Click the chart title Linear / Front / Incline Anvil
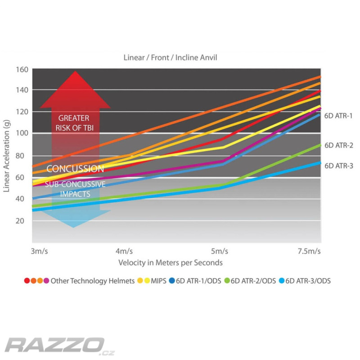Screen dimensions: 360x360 click(x=171, y=58)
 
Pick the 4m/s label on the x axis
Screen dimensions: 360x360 click(x=125, y=251)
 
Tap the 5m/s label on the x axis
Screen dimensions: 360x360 click(x=220, y=251)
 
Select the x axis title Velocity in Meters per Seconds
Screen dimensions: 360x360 click(x=171, y=262)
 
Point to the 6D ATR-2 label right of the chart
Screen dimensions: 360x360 click(x=339, y=145)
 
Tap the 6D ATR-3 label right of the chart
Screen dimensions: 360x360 click(x=339, y=166)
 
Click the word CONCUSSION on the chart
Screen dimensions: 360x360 click(x=75, y=169)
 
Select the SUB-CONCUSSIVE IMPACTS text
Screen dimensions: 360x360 click(x=75, y=189)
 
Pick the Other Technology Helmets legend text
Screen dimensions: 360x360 click(x=93, y=281)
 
